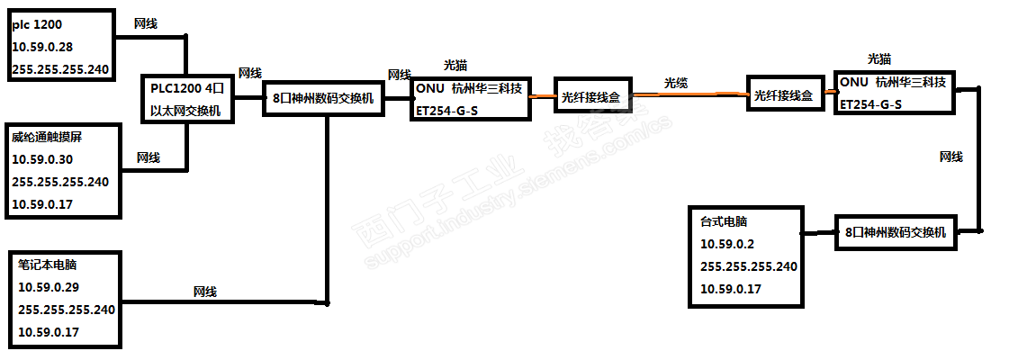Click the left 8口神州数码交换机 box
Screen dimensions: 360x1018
[322, 99]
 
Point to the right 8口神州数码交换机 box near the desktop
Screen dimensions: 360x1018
[895, 232]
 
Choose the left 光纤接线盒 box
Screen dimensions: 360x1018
[590, 97]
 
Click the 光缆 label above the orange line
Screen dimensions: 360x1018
[676, 83]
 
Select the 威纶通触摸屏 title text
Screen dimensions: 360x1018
[41, 137]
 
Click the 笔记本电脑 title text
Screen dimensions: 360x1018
[47, 266]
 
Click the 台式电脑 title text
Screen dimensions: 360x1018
[724, 221]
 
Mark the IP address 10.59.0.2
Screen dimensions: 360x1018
[725, 243]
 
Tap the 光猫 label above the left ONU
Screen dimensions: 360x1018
[455, 66]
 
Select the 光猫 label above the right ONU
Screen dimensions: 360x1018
[879, 59]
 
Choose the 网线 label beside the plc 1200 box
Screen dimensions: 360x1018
[145, 23]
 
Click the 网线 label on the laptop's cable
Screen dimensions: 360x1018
[205, 292]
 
